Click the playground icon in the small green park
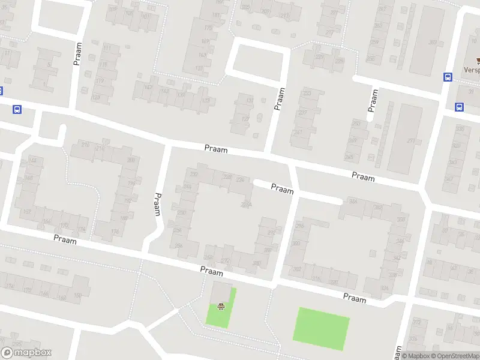tap(221, 307)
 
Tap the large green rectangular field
tap(321, 328)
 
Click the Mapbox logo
tap(26, 353)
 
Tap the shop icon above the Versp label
tap(479, 61)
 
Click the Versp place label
tap(471, 70)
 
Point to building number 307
tap(433, 42)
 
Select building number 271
tap(411, 141)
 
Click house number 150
tap(77, 295)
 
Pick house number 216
tap(85, 145)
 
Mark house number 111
tap(107, 47)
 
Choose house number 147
tap(148, 88)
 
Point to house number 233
tap(307, 93)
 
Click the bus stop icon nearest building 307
tap(448, 77)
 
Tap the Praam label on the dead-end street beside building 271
tap(373, 100)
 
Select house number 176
tap(115, 232)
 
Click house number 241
tap(298, 133)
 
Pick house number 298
tap(299, 226)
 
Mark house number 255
tap(356, 123)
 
